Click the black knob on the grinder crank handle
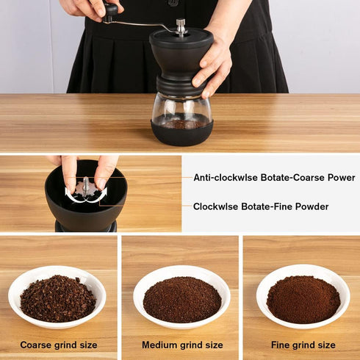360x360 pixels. point(110,10)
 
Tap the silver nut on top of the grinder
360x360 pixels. point(180,26)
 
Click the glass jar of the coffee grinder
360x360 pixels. point(181,110)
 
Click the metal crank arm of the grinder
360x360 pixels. point(143,24)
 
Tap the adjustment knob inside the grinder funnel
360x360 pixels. point(86,187)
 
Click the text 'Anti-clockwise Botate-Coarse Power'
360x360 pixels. point(274,178)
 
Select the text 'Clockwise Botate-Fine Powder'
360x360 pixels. point(261,206)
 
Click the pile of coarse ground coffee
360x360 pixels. point(57,298)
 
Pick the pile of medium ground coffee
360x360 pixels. point(181,300)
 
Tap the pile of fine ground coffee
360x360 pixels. point(303,299)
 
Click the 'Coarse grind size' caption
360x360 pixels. point(58,345)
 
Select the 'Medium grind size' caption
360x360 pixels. point(181,345)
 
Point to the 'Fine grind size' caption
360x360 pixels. point(303,345)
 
